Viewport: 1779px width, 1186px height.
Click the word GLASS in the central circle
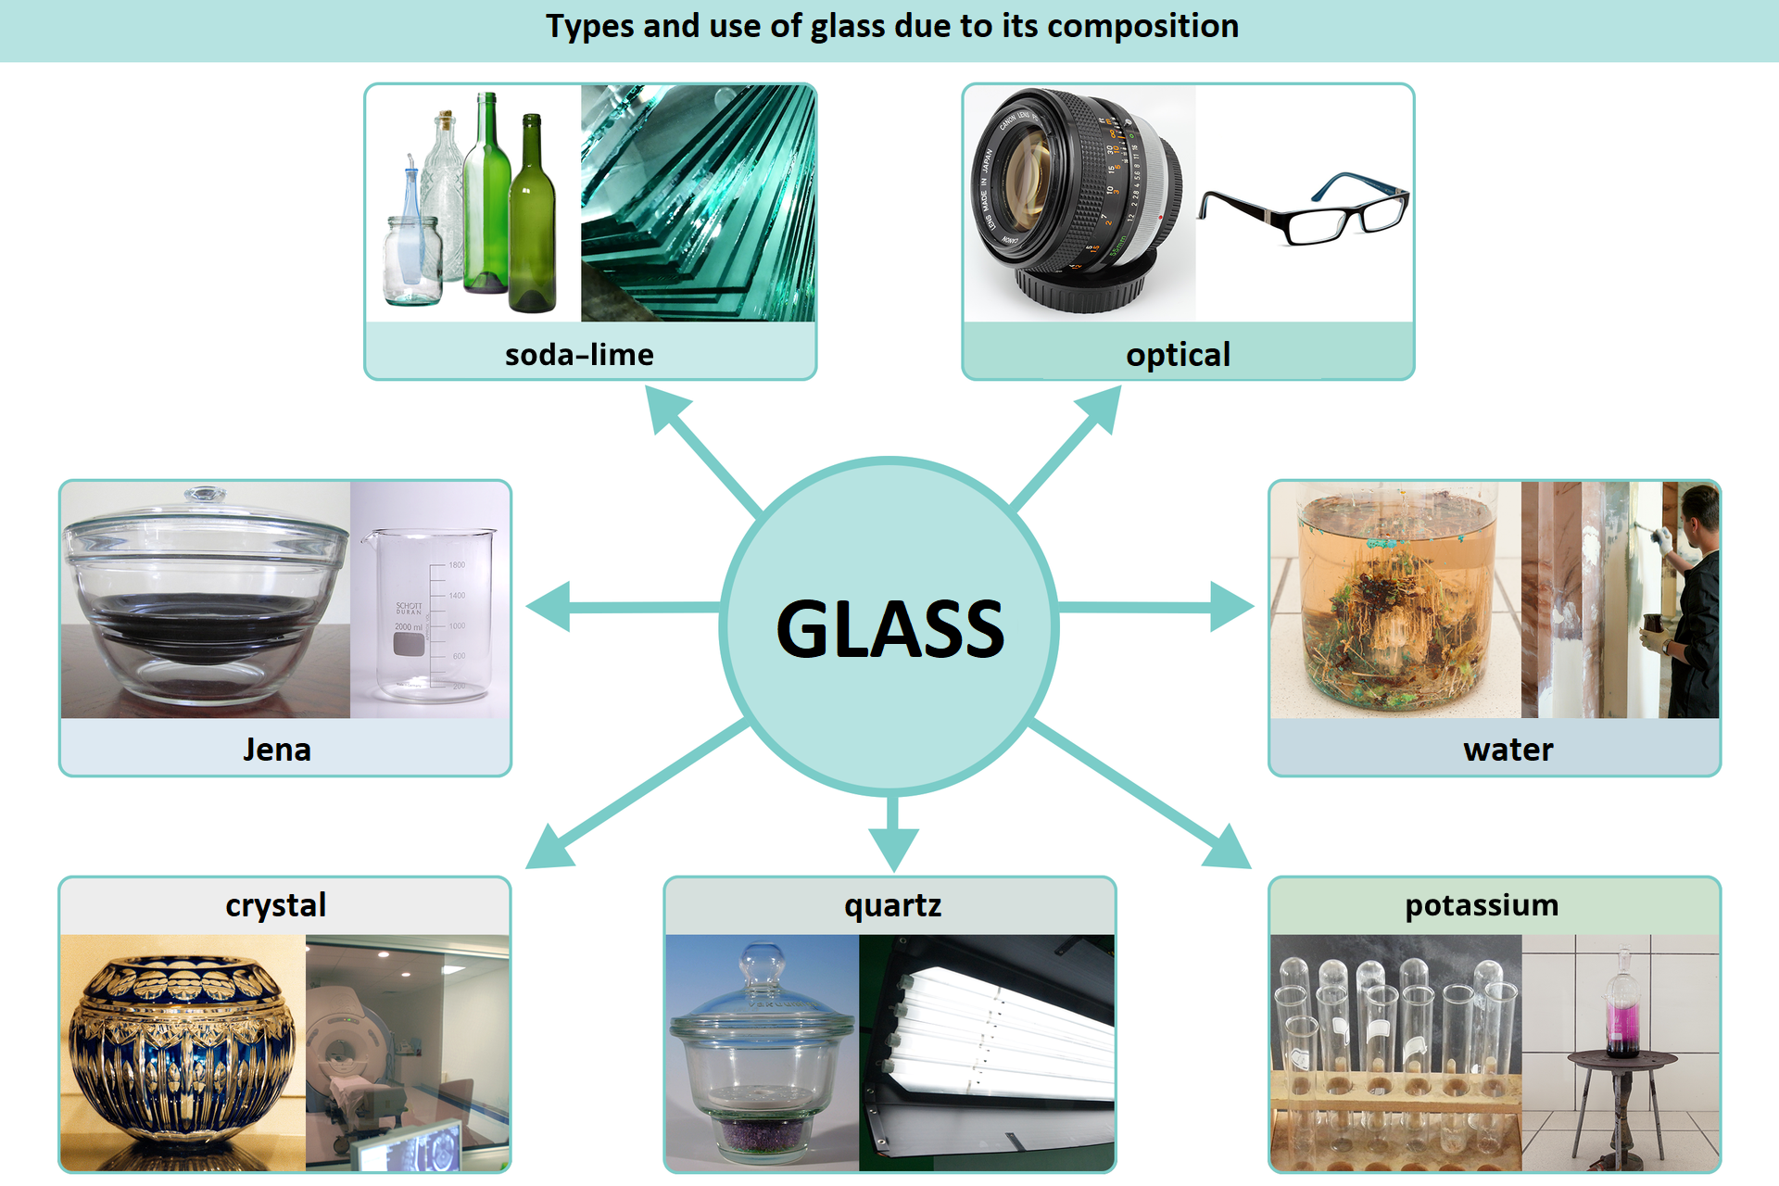(x=889, y=629)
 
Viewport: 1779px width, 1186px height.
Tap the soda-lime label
(x=579, y=355)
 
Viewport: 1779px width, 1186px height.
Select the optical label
(x=1178, y=355)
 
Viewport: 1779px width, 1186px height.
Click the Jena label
(x=276, y=750)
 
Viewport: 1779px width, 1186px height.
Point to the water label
(x=1508, y=750)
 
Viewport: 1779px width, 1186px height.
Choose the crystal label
(x=275, y=905)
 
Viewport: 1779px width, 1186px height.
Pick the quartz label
(x=892, y=905)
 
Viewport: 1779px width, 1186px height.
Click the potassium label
(x=1482, y=905)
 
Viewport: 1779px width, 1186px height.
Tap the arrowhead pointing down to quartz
(x=893, y=848)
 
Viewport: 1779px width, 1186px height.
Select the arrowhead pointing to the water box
(x=1232, y=608)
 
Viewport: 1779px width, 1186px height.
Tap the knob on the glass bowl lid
(x=205, y=495)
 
